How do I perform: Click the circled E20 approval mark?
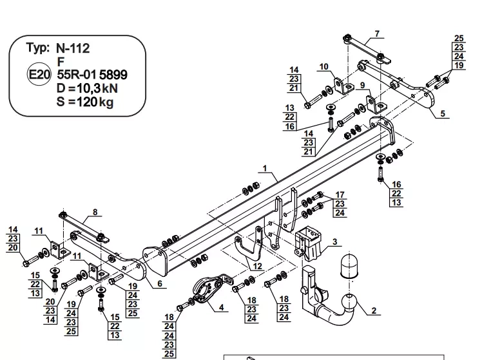coord(39,74)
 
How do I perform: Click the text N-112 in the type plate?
coord(73,48)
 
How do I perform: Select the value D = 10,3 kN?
coord(87,88)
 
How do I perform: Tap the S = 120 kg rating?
coord(85,102)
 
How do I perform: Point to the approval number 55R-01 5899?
coord(92,75)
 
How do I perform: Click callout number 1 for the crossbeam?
coord(265,168)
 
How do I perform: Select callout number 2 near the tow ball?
coord(374,310)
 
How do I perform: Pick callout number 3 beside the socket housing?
coord(334,242)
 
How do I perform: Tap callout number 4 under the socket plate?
coord(221,307)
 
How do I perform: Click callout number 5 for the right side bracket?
coord(443,113)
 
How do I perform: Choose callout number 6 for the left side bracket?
coord(160,283)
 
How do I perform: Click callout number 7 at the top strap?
coord(377,33)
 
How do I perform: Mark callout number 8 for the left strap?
coord(95,212)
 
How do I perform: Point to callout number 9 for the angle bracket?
coord(363,85)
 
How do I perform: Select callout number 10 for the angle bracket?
coord(324,67)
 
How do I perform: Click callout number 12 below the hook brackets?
coord(257,266)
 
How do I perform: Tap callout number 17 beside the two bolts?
coord(340,194)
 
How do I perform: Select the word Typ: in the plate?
coord(38,48)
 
